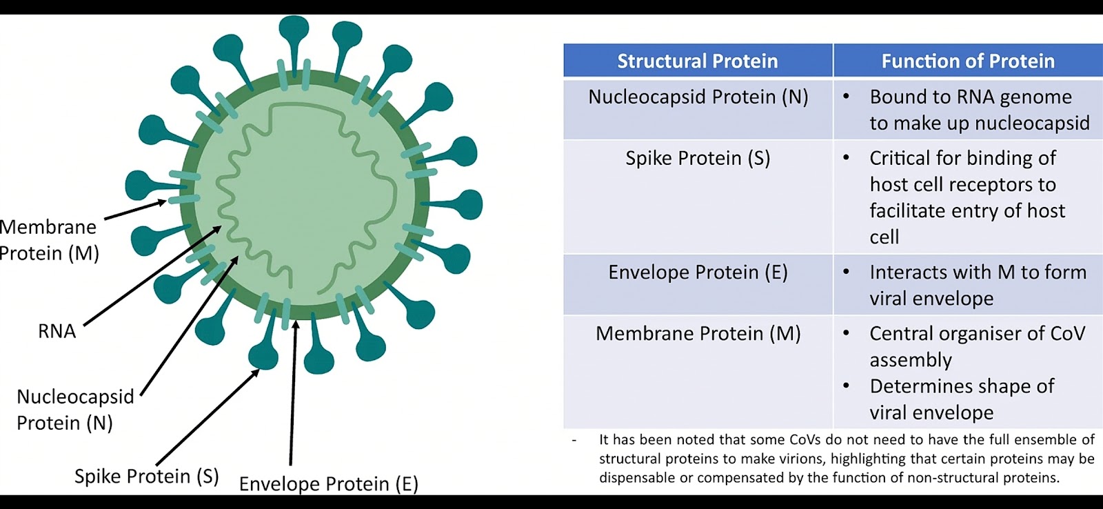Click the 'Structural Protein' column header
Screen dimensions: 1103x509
pos(698,61)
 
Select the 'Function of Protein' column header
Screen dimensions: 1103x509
pos(968,61)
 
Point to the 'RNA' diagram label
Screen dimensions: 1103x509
pos(57,331)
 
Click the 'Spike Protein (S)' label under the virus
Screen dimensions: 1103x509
pos(146,476)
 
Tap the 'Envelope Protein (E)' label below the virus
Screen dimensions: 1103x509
pos(328,484)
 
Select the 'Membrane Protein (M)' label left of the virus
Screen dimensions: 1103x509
pos(49,240)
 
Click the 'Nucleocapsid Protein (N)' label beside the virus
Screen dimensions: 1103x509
pos(75,410)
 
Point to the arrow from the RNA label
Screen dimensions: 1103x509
pos(152,276)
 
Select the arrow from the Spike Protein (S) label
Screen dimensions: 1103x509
pos(208,417)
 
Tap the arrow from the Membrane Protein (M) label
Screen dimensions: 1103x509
pos(135,209)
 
